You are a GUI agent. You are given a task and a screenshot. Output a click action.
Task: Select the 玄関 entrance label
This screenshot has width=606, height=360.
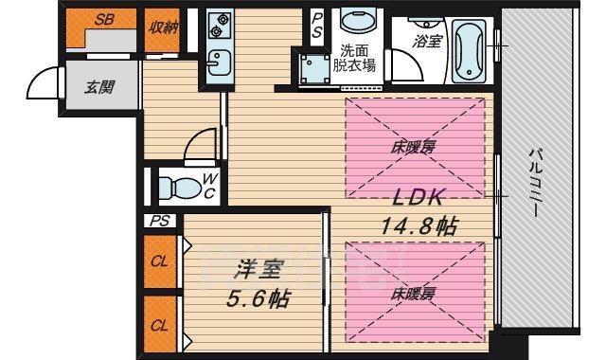pos(98,88)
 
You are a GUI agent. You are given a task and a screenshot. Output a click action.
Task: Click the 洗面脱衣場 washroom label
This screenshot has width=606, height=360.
pos(358,59)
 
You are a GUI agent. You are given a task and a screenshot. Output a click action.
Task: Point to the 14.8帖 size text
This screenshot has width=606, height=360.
pos(420,225)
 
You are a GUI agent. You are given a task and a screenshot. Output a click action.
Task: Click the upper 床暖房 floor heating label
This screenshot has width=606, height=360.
pos(414,147)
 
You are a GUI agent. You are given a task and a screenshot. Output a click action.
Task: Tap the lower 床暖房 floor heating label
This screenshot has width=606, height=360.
pos(414,294)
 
